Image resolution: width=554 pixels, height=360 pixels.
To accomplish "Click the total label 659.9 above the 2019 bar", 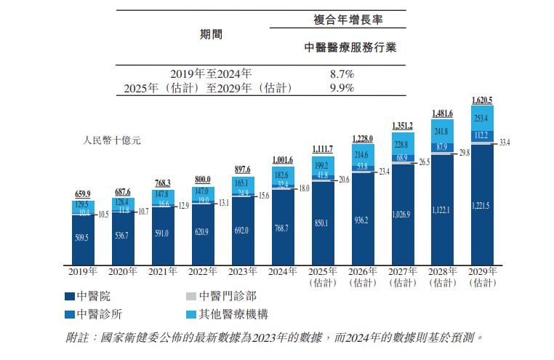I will coord(83,193).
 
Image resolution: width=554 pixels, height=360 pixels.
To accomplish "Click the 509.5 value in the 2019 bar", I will coord(83,236).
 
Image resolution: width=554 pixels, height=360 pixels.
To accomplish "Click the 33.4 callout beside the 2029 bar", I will coord(505,143).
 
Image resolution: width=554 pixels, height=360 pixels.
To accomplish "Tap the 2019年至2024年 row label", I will coord(211,73).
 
